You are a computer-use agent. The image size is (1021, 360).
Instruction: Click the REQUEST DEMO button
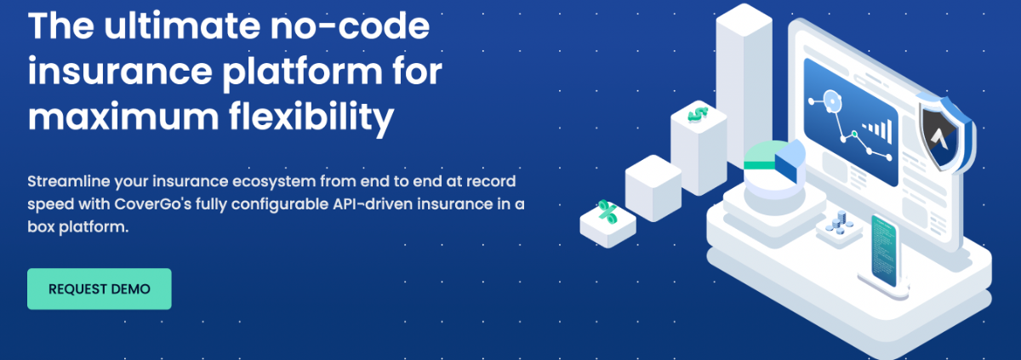(x=100, y=289)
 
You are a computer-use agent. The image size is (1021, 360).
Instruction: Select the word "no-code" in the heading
(x=350, y=26)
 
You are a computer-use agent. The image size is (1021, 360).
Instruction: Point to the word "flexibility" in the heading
(x=311, y=117)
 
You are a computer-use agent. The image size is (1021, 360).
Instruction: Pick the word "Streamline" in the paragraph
(x=68, y=181)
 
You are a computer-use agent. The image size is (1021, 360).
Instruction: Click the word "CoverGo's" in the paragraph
(x=152, y=204)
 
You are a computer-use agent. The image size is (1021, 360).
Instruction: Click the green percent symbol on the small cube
(x=607, y=213)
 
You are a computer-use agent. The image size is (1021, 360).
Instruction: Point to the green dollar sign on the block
(x=698, y=114)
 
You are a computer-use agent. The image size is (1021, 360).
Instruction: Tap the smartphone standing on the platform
(x=884, y=252)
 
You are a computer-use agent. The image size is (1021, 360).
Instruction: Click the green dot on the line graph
(x=854, y=134)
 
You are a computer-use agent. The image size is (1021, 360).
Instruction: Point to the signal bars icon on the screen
(x=877, y=131)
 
